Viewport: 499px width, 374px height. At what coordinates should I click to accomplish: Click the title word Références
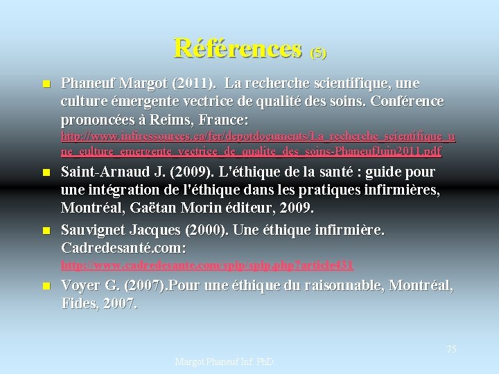[238, 48]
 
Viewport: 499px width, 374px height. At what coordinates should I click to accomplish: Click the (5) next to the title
[318, 52]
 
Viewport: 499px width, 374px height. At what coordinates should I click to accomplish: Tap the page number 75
[451, 349]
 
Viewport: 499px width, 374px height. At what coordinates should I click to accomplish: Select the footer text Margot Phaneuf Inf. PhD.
[224, 362]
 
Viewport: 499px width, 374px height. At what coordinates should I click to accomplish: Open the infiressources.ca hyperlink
[258, 143]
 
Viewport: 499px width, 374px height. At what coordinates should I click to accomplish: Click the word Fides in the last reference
[78, 303]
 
